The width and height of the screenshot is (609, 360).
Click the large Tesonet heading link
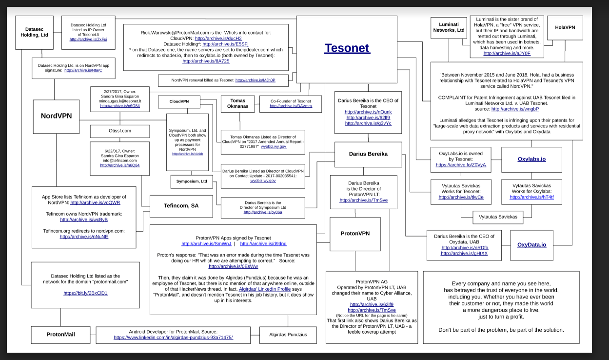point(347,48)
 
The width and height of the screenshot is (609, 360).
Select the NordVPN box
point(56,116)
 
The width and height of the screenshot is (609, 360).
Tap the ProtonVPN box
point(354,233)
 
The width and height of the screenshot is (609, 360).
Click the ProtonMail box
point(61,334)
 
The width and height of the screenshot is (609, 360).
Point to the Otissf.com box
point(119,131)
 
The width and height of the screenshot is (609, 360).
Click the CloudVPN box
point(179,102)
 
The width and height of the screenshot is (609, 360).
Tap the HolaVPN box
point(565,27)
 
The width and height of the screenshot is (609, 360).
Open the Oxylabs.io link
point(531,159)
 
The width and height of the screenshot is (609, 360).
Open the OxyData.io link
point(531,244)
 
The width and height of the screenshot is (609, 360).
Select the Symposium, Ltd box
point(192,181)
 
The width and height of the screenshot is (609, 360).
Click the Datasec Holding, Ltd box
point(34,32)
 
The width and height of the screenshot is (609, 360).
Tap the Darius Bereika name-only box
point(368,154)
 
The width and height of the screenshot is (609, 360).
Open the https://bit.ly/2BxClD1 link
point(85,293)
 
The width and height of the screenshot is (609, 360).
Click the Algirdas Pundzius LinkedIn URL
point(173,337)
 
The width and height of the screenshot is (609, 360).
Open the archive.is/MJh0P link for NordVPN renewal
point(255,80)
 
